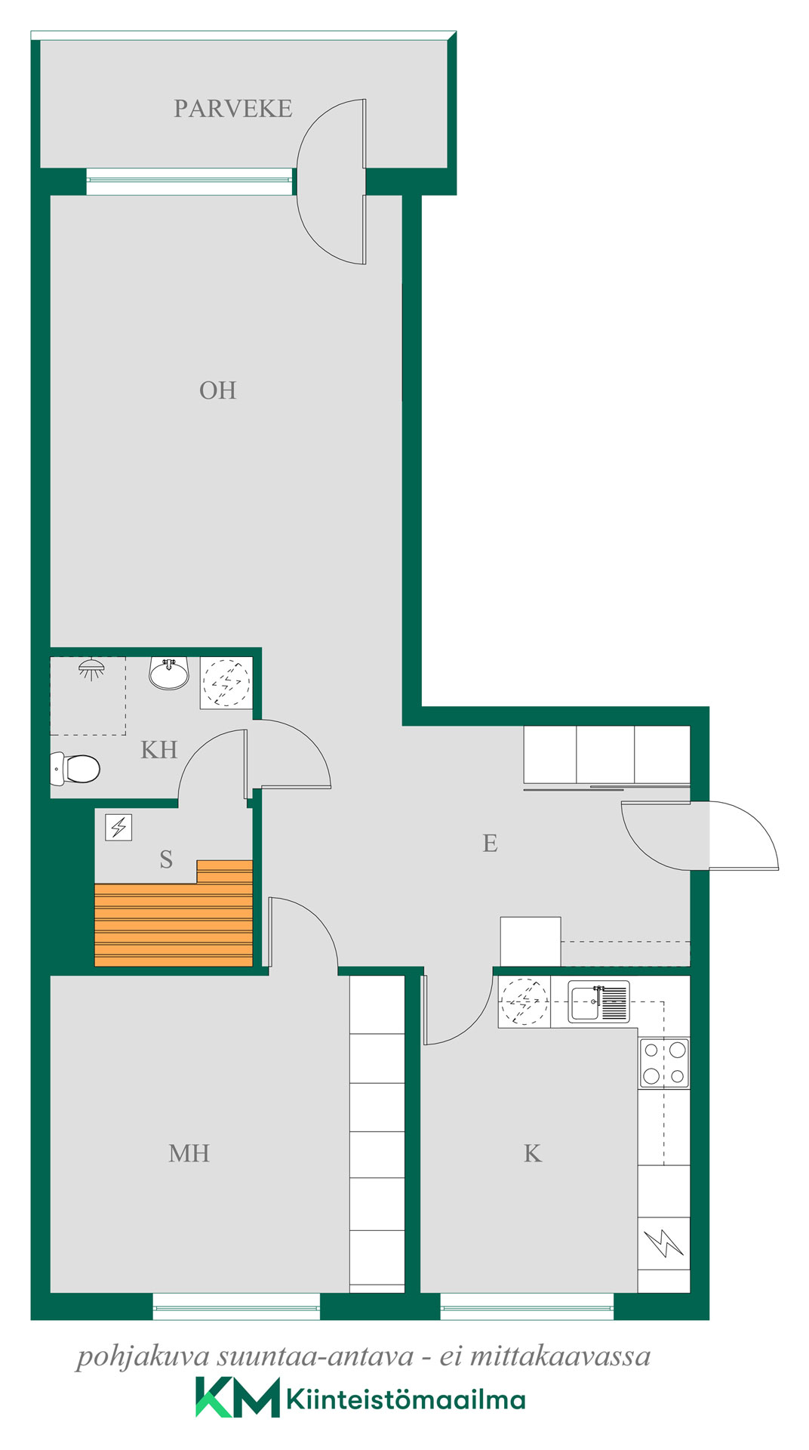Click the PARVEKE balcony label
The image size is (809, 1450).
[x=232, y=109]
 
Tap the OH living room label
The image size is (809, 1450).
[x=218, y=390]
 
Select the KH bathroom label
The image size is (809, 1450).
[x=159, y=750]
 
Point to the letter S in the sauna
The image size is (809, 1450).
[x=167, y=859]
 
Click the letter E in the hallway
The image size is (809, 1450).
[x=490, y=843]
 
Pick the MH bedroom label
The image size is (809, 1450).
[x=189, y=1153]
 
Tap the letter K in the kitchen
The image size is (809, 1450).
[x=533, y=1153]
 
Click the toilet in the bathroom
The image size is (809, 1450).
[x=75, y=769]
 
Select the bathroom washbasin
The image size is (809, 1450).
[x=169, y=673]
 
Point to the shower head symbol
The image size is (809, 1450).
[x=91, y=668]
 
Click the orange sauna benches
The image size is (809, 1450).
[x=174, y=914]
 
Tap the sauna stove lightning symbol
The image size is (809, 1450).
[x=118, y=828]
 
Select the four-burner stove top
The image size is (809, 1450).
[x=664, y=1063]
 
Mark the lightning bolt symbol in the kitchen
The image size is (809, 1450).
[x=664, y=1243]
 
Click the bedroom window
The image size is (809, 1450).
[x=236, y=1307]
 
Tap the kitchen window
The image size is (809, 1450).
[x=527, y=1307]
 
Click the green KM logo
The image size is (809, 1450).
[x=238, y=1397]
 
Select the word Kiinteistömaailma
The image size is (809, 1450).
[x=406, y=1399]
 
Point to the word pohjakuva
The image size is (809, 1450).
[x=143, y=1357]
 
